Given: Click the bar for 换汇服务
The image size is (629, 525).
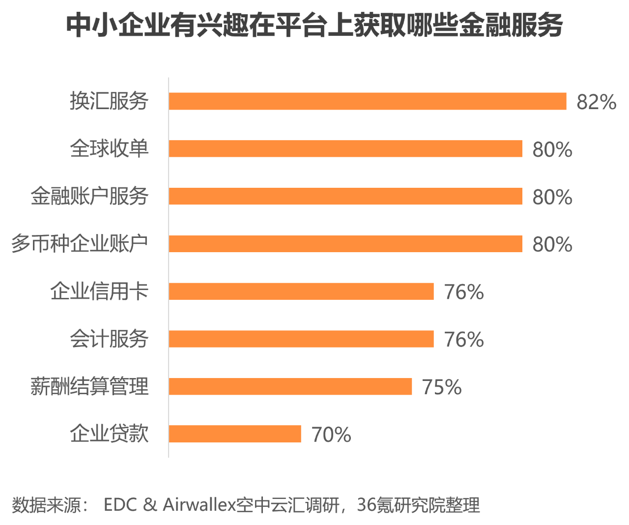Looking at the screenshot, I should click(x=368, y=101).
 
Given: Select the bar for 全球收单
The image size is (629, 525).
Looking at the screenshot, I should click(x=345, y=148).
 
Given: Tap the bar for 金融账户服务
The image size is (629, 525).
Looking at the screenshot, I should click(x=345, y=196).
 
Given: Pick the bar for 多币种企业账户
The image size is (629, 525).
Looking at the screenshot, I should click(x=345, y=244).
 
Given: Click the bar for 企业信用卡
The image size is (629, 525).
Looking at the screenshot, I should click(x=301, y=291).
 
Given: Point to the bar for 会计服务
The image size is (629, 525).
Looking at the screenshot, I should click(x=301, y=339).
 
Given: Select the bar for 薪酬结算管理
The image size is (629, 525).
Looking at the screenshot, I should click(x=290, y=386).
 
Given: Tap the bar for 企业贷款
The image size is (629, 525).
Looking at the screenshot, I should click(x=235, y=434).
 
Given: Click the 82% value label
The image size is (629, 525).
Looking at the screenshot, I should click(x=596, y=102).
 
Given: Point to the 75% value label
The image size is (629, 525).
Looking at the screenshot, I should click(x=442, y=387).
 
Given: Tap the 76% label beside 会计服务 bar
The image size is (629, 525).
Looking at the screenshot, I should click(x=464, y=340).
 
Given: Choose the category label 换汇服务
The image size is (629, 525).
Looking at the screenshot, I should click(x=109, y=101).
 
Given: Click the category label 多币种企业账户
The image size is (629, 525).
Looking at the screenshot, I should click(x=80, y=244).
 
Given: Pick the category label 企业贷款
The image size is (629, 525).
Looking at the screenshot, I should click(x=109, y=434).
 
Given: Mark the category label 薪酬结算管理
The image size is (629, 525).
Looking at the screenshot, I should click(x=89, y=386).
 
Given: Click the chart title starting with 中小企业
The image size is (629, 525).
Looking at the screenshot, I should click(x=314, y=26).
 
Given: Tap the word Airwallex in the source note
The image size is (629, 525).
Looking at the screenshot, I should click(x=199, y=505).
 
